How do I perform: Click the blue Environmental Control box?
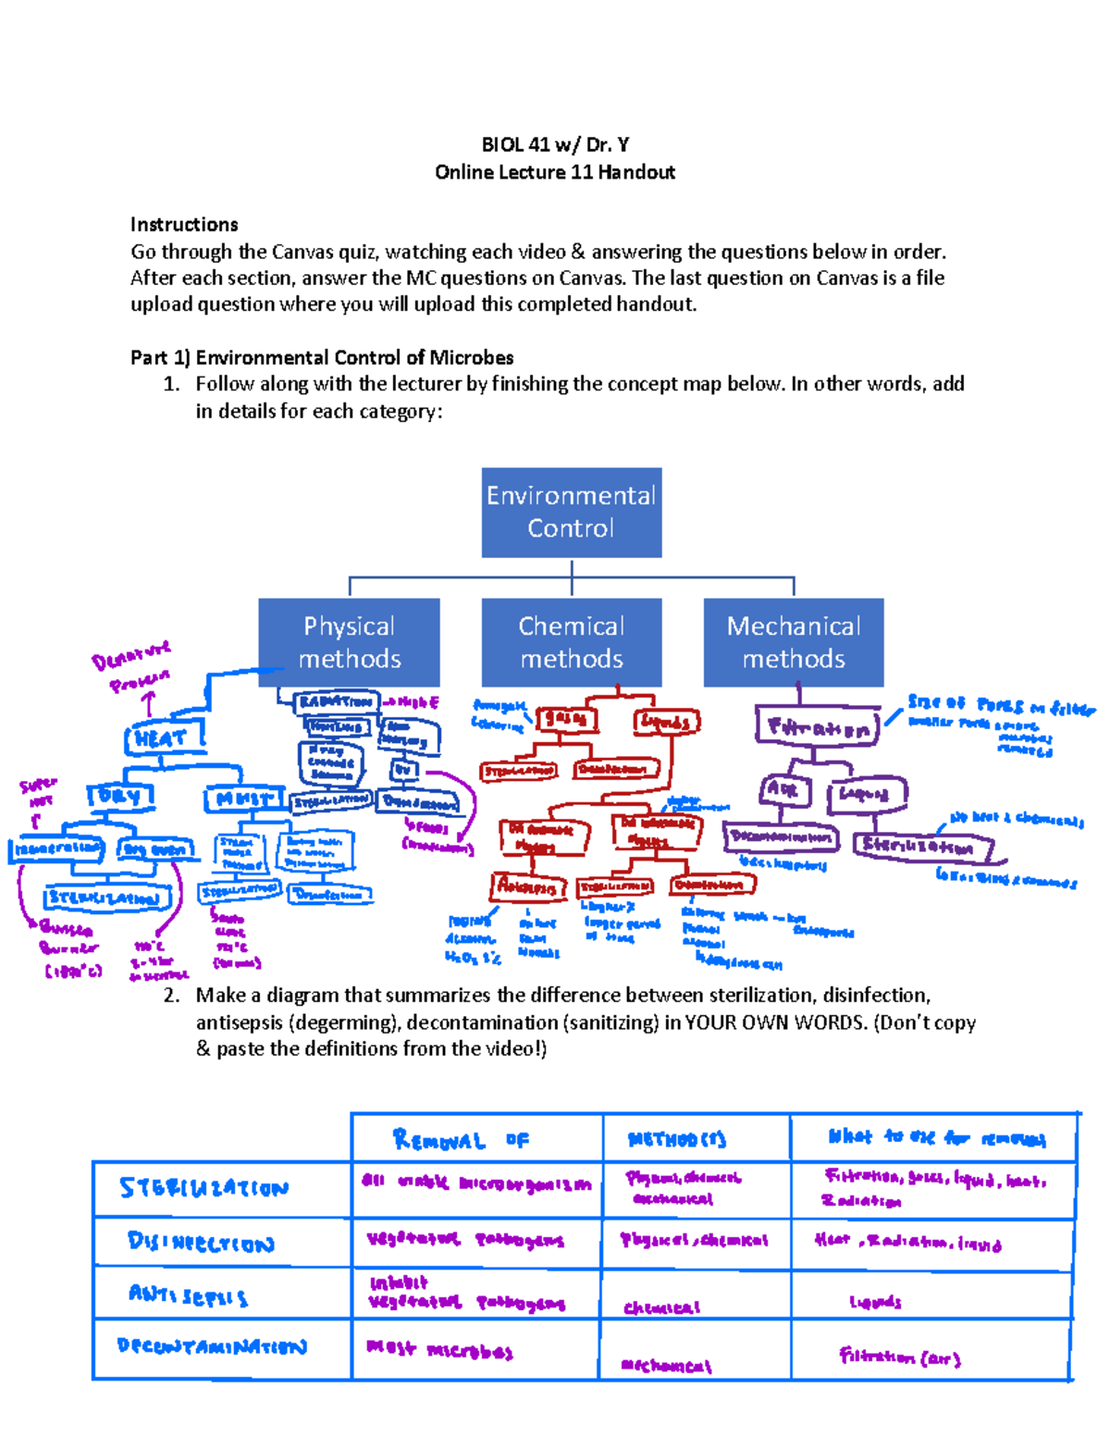pyautogui.click(x=571, y=512)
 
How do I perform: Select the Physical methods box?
pyautogui.click(x=349, y=642)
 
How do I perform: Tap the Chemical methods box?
pyautogui.click(x=571, y=642)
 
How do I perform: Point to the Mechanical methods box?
pyautogui.click(x=793, y=642)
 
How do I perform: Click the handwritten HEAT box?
pyautogui.click(x=163, y=738)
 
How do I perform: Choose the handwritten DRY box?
pyautogui.click(x=120, y=796)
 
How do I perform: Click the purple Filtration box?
pyautogui.click(x=817, y=727)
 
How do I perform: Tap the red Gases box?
pyautogui.click(x=566, y=718)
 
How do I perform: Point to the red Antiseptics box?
pyautogui.click(x=527, y=886)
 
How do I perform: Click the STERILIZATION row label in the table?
pyautogui.click(x=203, y=1188)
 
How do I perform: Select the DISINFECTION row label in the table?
pyautogui.click(x=202, y=1242)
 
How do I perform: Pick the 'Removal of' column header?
pyautogui.click(x=461, y=1139)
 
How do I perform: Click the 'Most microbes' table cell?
pyautogui.click(x=439, y=1350)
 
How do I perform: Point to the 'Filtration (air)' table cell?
pyautogui.click(x=899, y=1356)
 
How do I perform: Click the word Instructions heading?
pyautogui.click(x=184, y=224)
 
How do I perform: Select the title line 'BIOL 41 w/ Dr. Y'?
pyautogui.click(x=555, y=144)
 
